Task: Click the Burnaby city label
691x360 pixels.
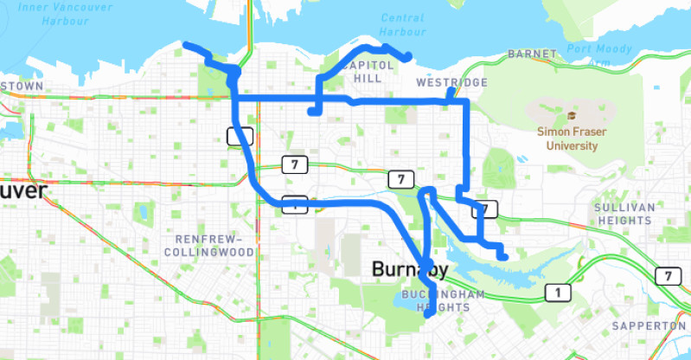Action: point(410,269)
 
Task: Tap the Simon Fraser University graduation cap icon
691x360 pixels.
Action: point(571,115)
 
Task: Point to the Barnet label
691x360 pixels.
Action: point(533,54)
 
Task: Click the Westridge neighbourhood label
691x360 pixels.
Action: point(451,83)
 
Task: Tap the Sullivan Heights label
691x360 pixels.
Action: point(623,215)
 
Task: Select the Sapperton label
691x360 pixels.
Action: point(648,325)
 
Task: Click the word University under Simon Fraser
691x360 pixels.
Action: point(571,146)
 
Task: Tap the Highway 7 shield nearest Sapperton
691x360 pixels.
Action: point(667,276)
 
